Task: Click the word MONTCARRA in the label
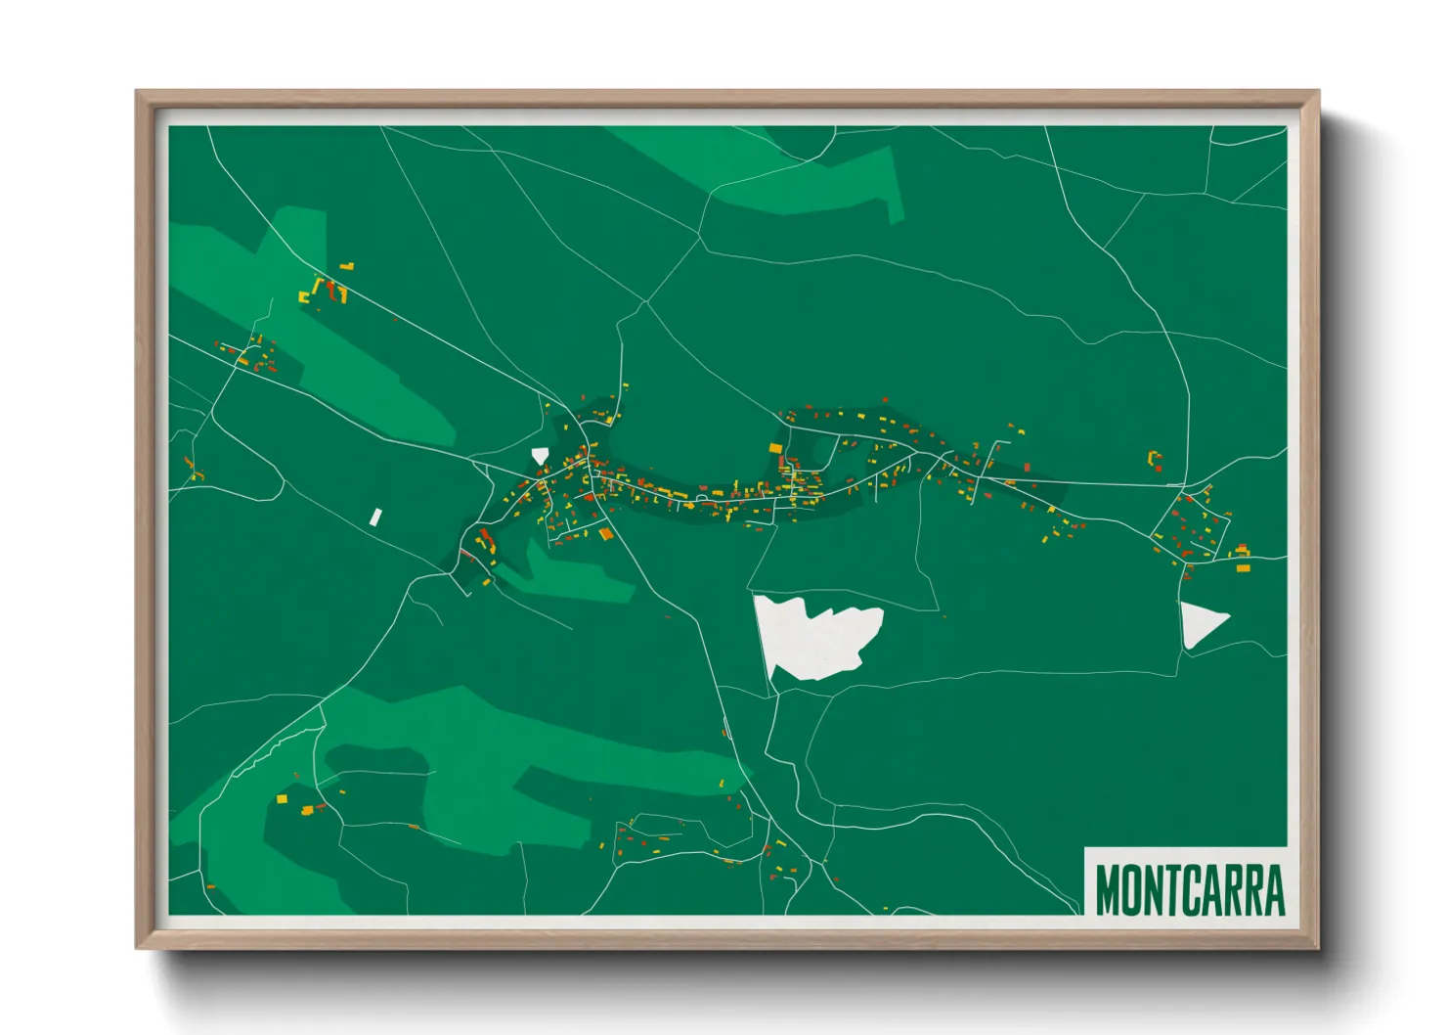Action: point(1189,889)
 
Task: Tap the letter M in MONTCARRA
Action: point(1109,889)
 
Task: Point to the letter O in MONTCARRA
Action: point(1134,889)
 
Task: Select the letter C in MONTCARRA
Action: point(1194,889)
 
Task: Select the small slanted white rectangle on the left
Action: point(374,517)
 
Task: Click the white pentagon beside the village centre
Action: point(540,455)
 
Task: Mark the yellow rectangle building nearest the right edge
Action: point(1243,567)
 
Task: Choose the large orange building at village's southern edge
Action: point(606,534)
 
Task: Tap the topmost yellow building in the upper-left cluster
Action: point(347,265)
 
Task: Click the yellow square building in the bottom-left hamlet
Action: point(282,799)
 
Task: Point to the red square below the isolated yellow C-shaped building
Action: point(1159,470)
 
